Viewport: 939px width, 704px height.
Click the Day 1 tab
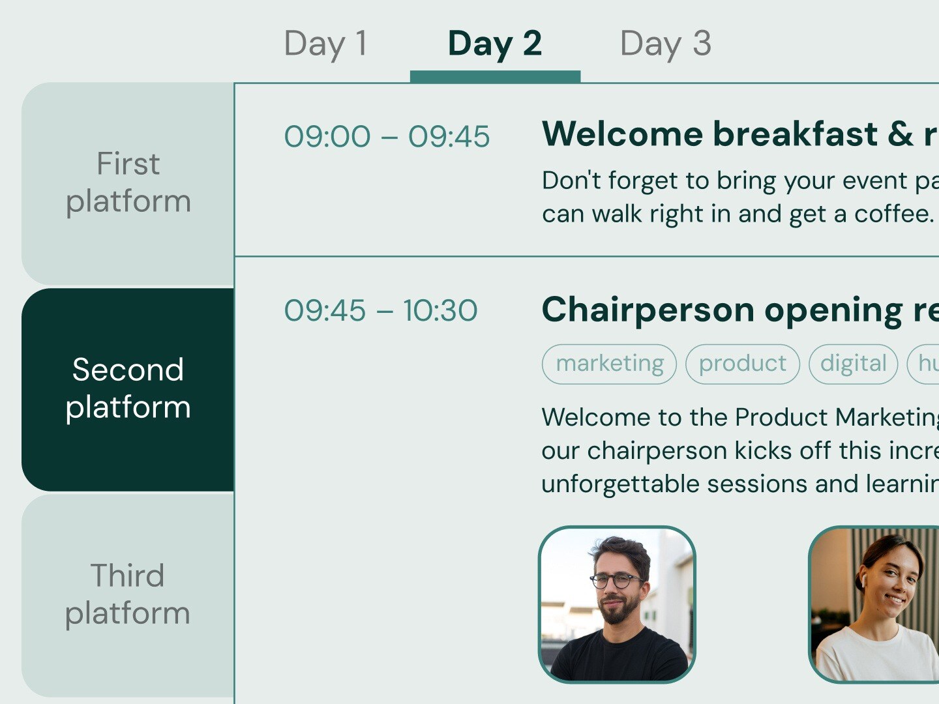[x=325, y=44]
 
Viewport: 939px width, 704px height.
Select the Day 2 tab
[x=494, y=44]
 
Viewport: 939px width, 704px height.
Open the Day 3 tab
[x=665, y=44]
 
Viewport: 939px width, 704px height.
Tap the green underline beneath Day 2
[x=495, y=76]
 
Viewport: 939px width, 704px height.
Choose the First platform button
[x=128, y=183]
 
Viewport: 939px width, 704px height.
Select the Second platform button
[x=128, y=389]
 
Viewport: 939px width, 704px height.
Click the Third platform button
[x=128, y=594]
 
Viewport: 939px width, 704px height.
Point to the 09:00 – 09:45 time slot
[x=387, y=137]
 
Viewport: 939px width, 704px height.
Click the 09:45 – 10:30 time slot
[x=381, y=310]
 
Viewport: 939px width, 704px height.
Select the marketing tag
[x=609, y=364]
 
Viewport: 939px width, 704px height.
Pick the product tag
[x=742, y=364]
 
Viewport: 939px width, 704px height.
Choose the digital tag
[x=853, y=364]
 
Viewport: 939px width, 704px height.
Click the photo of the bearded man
[x=617, y=604]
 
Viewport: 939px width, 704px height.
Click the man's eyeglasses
[x=616, y=579]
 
